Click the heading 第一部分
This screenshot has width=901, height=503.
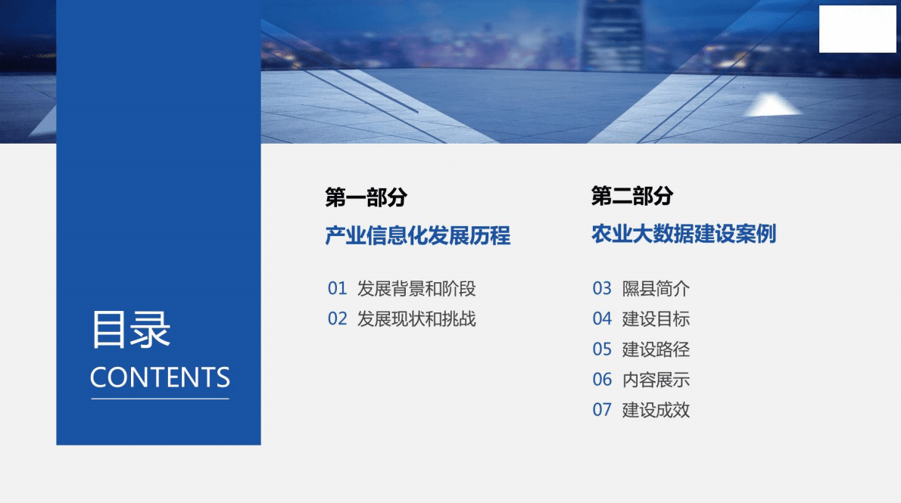click(x=366, y=198)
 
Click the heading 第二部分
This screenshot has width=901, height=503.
click(x=631, y=197)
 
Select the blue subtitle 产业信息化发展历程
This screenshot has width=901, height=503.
click(x=418, y=236)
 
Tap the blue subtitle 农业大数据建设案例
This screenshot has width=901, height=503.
click(x=684, y=234)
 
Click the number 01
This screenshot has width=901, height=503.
click(x=337, y=289)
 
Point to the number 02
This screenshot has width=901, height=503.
click(x=337, y=319)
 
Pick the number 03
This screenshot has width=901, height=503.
click(x=602, y=289)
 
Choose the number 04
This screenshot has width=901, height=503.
click(x=602, y=319)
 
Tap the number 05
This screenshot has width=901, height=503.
click(x=602, y=349)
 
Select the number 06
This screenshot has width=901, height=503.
click(x=602, y=380)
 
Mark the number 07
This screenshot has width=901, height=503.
click(x=602, y=410)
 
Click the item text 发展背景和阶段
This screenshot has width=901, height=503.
click(x=416, y=289)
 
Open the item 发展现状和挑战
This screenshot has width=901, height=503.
click(x=416, y=319)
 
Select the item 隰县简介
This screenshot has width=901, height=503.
click(x=656, y=289)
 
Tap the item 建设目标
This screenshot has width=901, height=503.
click(x=656, y=319)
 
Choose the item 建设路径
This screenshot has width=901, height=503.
click(x=656, y=349)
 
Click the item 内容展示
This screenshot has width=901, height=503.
click(x=656, y=380)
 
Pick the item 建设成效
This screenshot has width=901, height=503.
click(x=656, y=410)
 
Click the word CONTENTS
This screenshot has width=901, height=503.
click(x=160, y=377)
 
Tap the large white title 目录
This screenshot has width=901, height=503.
click(x=131, y=330)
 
